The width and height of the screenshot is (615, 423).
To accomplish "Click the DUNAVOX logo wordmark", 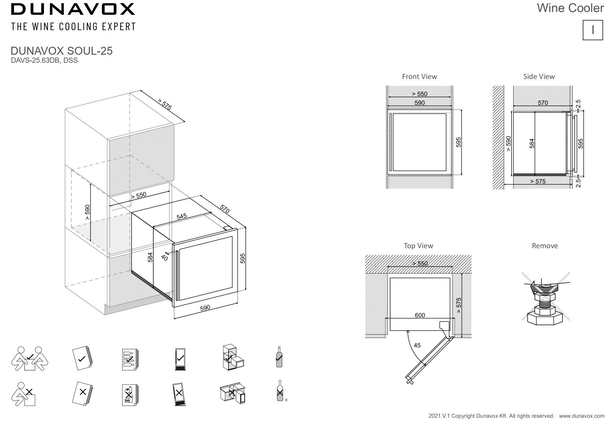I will [73, 9].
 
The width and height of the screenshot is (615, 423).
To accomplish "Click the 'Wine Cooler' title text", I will [570, 8].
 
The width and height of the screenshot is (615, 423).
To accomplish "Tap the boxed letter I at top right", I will [592, 30].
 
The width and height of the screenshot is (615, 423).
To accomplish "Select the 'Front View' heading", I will [419, 76].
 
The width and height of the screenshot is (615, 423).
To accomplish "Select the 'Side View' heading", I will [539, 76].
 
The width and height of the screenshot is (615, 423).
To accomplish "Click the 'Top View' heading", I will [418, 246].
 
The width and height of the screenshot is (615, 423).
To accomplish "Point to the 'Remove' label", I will [544, 246].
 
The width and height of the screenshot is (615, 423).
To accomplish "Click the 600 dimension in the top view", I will [420, 315].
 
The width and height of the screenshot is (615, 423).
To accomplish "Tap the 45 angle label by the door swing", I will [417, 345].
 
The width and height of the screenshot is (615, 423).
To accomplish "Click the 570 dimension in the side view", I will [542, 103].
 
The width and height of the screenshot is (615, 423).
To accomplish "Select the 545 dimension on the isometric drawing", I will [182, 217].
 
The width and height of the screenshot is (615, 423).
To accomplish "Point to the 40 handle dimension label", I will [164, 258].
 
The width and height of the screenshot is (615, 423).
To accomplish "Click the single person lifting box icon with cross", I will [24, 394].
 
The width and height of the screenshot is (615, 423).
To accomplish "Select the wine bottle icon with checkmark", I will [279, 357].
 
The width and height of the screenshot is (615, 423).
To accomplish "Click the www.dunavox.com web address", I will [582, 416].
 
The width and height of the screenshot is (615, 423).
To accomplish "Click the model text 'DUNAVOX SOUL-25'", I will [62, 51].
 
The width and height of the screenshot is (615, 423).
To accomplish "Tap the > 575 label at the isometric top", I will [164, 104].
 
